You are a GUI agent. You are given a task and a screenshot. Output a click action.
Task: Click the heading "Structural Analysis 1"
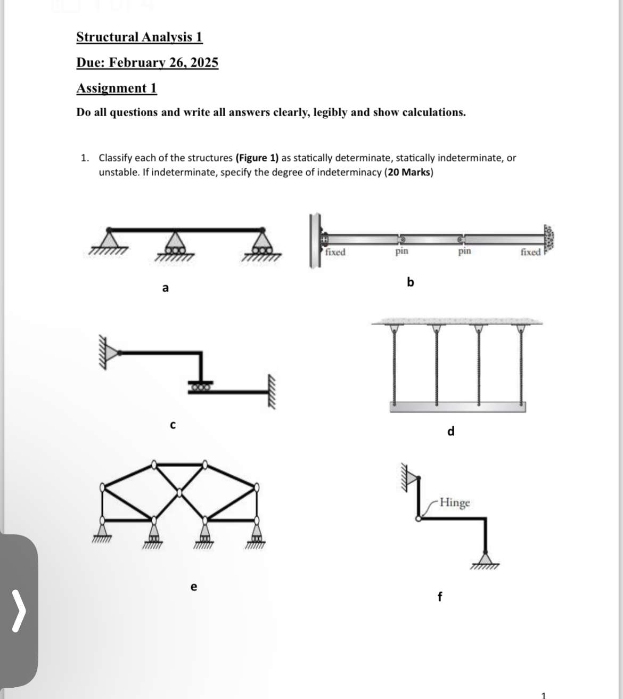point(140,37)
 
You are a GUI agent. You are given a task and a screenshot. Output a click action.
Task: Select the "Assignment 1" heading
point(117,88)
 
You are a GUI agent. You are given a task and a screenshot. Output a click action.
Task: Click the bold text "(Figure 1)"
point(257,158)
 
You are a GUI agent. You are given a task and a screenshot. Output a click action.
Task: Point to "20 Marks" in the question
point(409,173)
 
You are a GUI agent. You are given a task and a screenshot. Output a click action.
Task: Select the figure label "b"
point(410,282)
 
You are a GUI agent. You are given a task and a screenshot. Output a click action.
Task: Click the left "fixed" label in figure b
point(335,252)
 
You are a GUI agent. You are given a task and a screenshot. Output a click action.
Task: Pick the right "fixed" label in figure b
point(530,252)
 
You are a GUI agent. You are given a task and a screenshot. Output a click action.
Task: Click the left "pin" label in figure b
point(402,250)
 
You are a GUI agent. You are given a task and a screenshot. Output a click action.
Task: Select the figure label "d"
point(450,432)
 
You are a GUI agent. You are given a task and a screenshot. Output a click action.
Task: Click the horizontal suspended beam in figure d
point(457,407)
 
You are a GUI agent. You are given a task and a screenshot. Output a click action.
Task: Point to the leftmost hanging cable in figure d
point(395,367)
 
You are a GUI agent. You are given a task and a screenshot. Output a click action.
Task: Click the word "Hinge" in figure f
point(455,502)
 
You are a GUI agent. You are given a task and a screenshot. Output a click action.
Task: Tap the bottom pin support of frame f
point(485,559)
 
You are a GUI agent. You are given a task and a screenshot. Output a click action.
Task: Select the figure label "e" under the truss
point(193,587)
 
